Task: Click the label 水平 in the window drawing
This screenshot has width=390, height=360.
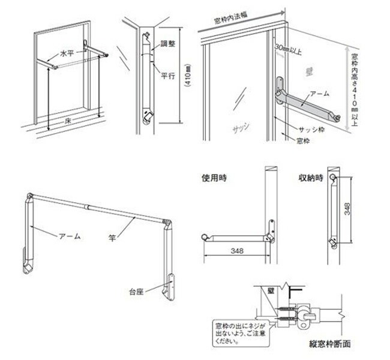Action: [65, 53]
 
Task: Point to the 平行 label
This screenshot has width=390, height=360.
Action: [168, 76]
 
